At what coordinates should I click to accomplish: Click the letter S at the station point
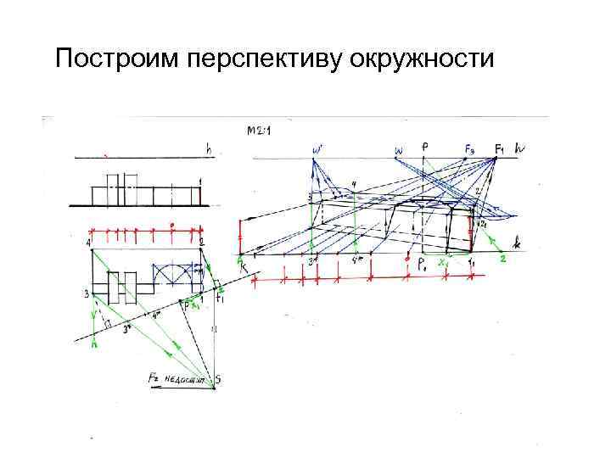click(218, 381)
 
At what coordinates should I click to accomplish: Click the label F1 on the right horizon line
click(500, 148)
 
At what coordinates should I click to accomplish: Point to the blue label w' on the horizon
click(317, 150)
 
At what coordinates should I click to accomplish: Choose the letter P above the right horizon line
click(424, 146)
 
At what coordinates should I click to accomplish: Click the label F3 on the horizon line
click(470, 148)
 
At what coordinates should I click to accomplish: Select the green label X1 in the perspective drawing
click(442, 264)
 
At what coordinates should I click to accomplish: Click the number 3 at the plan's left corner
click(87, 294)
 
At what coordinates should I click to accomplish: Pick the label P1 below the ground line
click(422, 265)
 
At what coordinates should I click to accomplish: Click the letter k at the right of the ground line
click(516, 243)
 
